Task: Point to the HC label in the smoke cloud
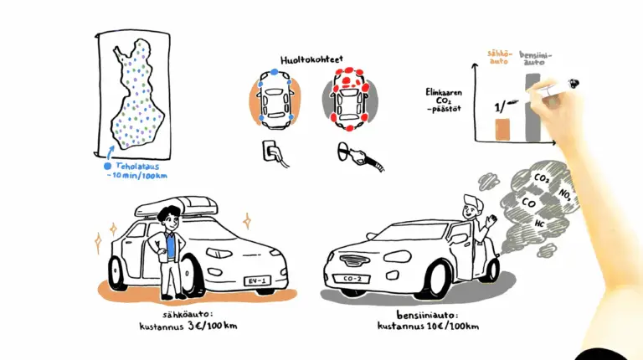point(540,225)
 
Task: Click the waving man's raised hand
point(489,222)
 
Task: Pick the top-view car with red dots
point(350,101)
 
